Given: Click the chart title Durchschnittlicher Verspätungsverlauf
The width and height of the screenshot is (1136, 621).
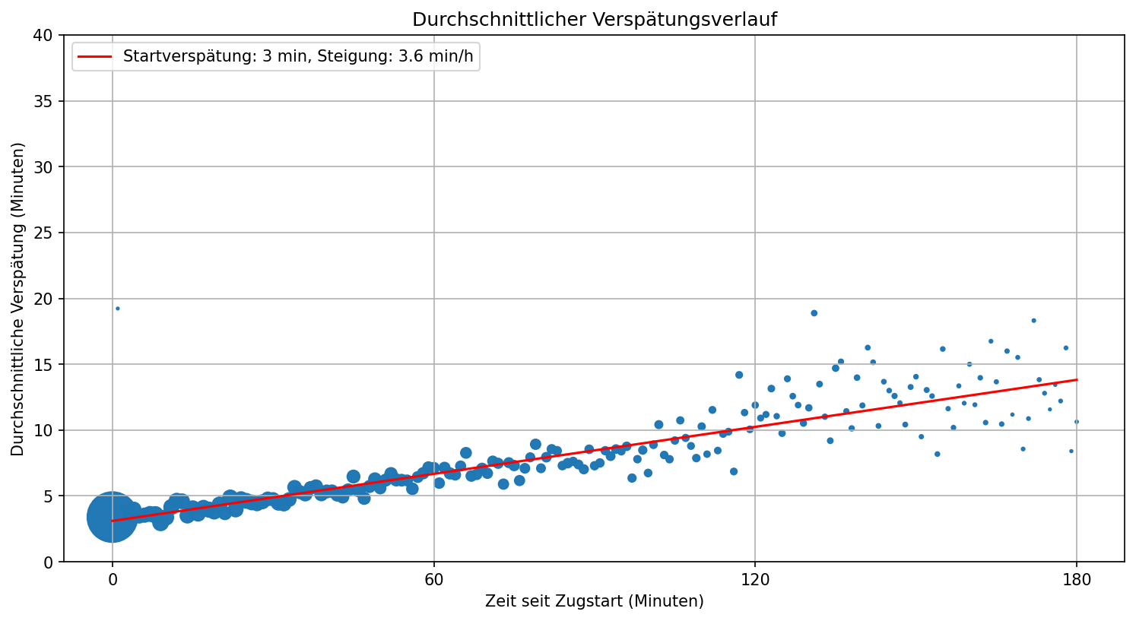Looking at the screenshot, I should (x=594, y=20).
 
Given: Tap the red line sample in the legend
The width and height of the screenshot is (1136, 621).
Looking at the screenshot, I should (x=96, y=57).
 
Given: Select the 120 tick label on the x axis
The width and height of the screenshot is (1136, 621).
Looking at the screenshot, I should (x=755, y=581).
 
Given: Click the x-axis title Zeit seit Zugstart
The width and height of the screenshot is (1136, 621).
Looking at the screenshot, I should (x=594, y=601).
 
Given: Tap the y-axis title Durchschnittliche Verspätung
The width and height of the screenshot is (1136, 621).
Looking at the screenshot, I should (x=18, y=299).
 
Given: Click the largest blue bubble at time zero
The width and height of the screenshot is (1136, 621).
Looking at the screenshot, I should (x=113, y=517).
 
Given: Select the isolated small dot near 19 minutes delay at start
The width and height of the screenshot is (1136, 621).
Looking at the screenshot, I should (x=117, y=309).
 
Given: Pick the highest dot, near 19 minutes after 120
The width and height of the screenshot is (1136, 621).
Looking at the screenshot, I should (x=814, y=313).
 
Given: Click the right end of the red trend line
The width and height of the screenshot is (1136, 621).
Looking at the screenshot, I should (x=1076, y=379).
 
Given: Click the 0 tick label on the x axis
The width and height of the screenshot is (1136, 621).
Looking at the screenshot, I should (x=113, y=581).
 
